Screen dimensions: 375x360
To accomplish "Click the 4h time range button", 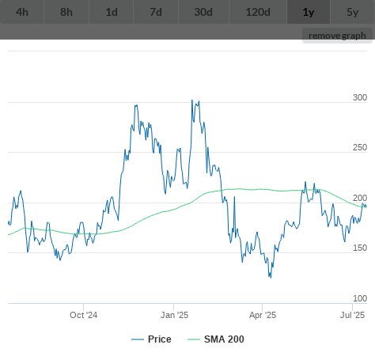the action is [x=22, y=12].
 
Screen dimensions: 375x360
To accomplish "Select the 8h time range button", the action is [x=66, y=12].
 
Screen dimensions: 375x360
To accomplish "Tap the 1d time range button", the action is [x=112, y=12].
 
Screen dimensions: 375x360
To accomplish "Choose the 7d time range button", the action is [x=156, y=12].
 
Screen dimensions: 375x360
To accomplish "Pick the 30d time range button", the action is [x=203, y=12].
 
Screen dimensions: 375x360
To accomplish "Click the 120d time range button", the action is [x=258, y=12].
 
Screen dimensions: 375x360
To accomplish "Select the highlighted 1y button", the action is [x=309, y=12].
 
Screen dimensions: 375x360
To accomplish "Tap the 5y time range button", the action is [x=353, y=12].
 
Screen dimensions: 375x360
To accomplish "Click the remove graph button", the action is [x=337, y=36].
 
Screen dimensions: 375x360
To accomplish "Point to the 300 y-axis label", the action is [x=360, y=97].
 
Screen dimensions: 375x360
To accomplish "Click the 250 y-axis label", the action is [x=360, y=147].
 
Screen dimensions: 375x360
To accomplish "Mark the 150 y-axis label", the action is [x=360, y=248].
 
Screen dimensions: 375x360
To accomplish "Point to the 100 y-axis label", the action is [x=360, y=298].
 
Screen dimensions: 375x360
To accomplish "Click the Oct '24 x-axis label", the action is [x=83, y=315].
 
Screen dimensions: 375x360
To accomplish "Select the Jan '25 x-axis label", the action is [x=174, y=315].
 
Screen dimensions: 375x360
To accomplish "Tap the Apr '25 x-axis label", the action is [x=263, y=315].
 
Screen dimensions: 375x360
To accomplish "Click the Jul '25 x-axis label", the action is [x=352, y=315].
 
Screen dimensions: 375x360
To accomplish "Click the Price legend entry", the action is [x=151, y=339].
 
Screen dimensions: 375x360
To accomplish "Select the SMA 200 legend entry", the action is [x=216, y=339].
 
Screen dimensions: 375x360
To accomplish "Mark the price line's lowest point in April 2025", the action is [x=271, y=278].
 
